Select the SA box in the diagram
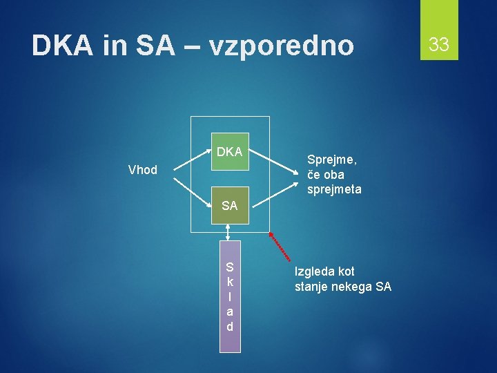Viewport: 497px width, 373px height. coord(229,206)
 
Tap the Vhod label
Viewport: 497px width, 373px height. coord(143,170)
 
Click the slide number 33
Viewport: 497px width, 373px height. coord(439,45)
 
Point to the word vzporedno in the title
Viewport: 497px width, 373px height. coord(281,46)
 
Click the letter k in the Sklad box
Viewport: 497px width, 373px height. coord(230,282)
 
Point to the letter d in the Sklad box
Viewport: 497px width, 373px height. coord(230,326)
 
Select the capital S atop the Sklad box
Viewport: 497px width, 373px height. coord(230,267)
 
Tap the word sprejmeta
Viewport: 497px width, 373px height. coord(334,189)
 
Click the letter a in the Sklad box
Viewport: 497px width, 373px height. coord(230,312)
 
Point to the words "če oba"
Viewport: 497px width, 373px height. coord(325,175)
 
